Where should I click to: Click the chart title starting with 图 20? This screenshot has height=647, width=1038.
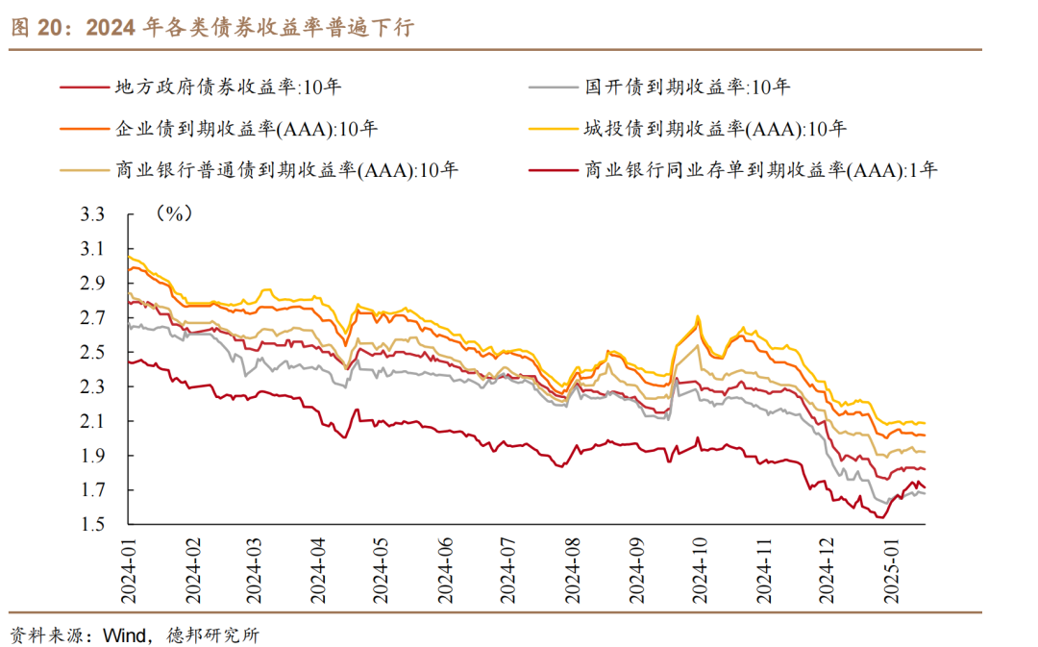(211, 28)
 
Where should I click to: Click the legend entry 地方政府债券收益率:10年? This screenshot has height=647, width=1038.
(227, 87)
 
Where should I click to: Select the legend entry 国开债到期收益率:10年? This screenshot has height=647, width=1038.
(687, 87)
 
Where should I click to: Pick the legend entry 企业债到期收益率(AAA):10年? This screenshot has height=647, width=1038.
(246, 128)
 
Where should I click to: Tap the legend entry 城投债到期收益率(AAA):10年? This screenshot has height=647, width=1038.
(715, 128)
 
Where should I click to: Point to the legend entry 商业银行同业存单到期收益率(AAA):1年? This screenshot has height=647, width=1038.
(759, 170)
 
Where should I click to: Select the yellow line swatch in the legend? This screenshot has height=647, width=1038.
(552, 128)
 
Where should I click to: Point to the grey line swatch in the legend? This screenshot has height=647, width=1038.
(552, 87)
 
